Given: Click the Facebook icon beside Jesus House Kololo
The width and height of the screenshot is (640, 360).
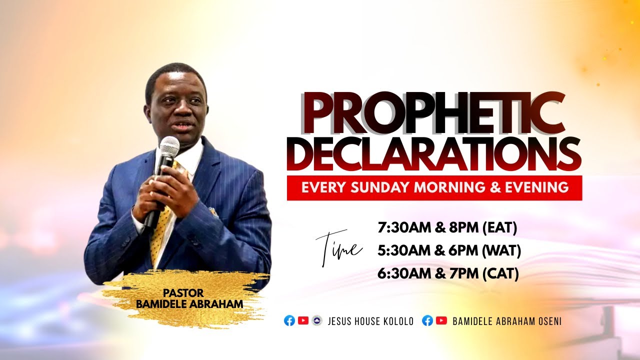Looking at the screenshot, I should [289, 321].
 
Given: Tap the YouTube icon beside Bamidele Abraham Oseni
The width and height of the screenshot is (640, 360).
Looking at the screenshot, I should [441, 321].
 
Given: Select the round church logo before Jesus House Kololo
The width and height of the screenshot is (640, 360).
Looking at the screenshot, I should [316, 321].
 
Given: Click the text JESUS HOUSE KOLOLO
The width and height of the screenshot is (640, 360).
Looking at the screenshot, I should [370, 321].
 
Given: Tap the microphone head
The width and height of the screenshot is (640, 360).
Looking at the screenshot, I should [170, 147].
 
